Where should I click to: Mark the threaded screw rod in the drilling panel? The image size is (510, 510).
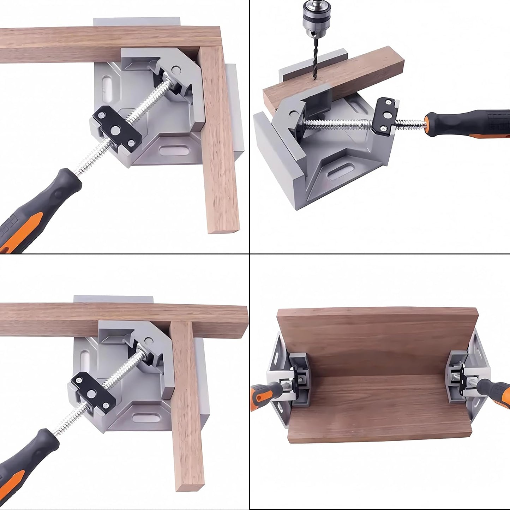click(x=339, y=124)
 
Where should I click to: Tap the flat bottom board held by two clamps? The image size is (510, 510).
click(x=378, y=406)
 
